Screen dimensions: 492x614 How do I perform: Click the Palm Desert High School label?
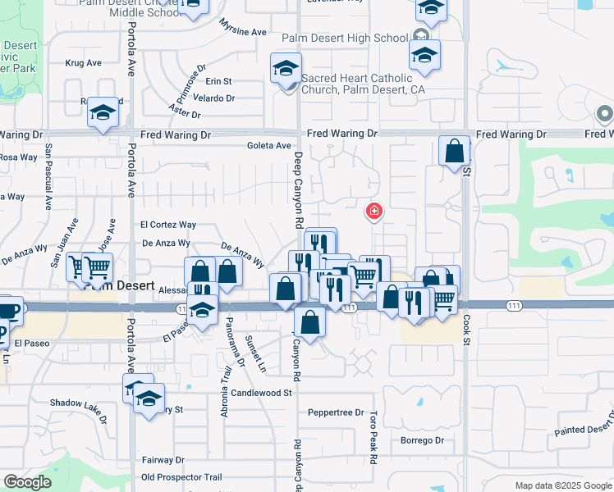coord(345,38)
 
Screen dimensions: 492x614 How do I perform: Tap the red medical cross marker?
coord(374,212)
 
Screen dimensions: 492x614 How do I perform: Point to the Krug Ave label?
coord(83,62)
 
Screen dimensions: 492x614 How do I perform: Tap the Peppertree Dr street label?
coord(335,412)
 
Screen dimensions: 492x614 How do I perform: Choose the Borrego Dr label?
coord(422,440)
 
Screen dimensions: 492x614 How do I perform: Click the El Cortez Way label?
coord(168,224)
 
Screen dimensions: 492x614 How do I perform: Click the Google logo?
coord(28,482)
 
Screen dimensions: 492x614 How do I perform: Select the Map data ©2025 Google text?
coord(563,485)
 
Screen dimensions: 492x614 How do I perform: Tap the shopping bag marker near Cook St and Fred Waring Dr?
coord(454,151)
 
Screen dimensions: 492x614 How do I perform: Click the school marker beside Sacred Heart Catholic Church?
coord(286,69)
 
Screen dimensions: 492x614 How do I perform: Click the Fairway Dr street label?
coord(163,460)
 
